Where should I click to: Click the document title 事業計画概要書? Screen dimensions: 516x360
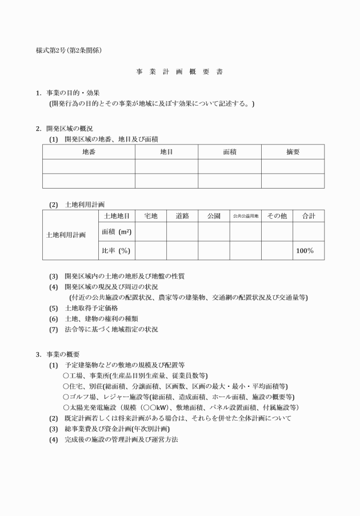(179, 72)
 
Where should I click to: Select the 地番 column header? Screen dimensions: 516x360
(89, 152)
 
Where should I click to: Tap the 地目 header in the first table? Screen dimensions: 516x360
(166, 152)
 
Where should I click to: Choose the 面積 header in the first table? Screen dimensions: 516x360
(230, 152)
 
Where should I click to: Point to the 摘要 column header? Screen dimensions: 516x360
(293, 152)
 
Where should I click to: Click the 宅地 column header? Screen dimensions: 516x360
(151, 216)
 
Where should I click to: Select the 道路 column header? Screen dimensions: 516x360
(182, 216)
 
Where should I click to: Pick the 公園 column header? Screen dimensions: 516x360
(214, 216)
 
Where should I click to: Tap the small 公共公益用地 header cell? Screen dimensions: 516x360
(246, 216)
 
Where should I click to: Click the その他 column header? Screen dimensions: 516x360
(277, 216)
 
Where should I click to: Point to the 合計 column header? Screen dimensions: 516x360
(309, 216)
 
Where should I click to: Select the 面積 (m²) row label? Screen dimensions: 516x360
(117, 231)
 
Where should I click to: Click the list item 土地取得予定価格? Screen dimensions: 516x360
(91, 307)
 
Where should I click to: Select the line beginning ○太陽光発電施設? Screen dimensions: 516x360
(181, 407)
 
